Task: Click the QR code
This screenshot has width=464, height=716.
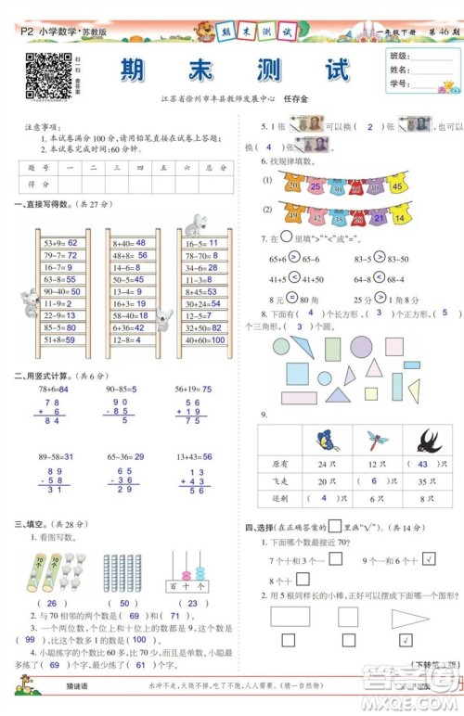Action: pyautogui.click(x=47, y=76)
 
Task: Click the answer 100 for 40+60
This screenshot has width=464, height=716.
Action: pyautogui.click(x=217, y=339)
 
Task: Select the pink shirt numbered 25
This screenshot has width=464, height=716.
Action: pyautogui.click(x=316, y=185)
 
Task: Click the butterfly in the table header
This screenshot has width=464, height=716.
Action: pyautogui.click(x=324, y=440)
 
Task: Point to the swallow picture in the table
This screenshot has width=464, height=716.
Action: pyautogui.click(x=429, y=440)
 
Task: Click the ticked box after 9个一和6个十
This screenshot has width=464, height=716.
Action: pyautogui.click(x=429, y=559)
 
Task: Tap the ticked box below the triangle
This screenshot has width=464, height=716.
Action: pyautogui.click(x=405, y=639)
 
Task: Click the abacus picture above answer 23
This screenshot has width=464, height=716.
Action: pyautogui.click(x=187, y=569)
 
